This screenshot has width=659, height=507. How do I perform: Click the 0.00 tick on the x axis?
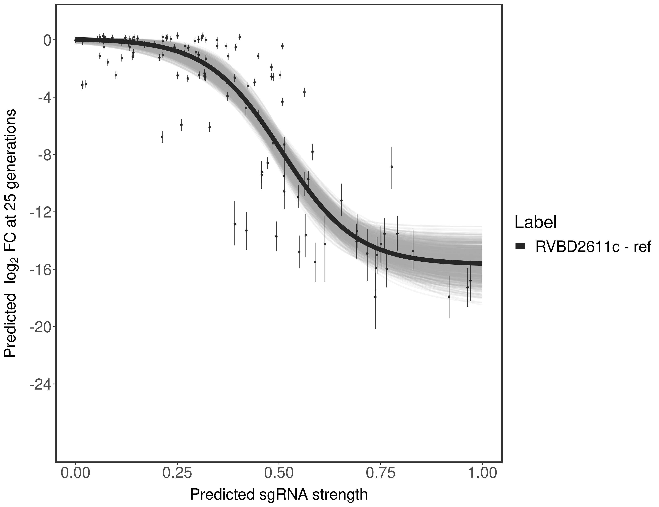75,473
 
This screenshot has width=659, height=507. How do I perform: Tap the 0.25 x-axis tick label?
177,473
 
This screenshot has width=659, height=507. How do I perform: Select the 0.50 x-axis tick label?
279,473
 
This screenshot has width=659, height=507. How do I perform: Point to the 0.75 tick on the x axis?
381,473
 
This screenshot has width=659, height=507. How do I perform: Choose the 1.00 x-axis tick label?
482,473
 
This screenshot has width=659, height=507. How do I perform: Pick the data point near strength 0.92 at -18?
449,297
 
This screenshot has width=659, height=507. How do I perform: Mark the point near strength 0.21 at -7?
162,137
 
